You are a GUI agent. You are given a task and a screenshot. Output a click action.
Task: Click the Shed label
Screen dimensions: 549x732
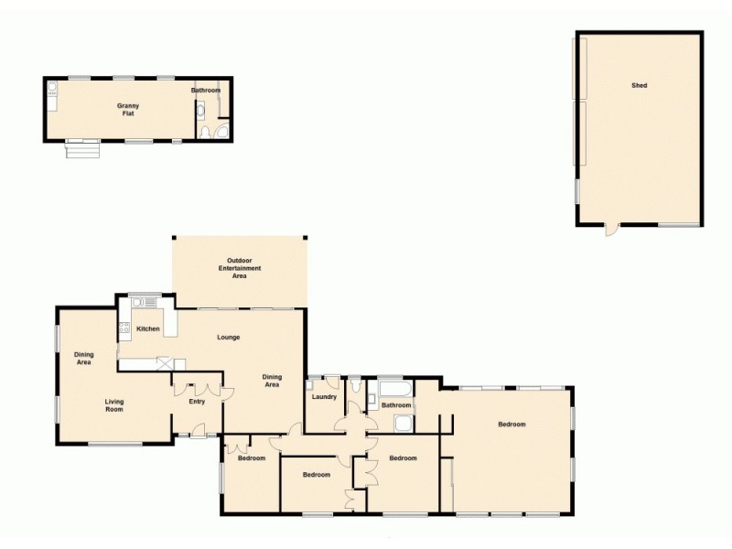click(x=639, y=85)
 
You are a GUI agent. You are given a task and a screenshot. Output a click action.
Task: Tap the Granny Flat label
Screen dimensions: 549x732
click(x=127, y=110)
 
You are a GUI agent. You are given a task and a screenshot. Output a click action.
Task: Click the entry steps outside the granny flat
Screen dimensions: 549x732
click(x=80, y=148)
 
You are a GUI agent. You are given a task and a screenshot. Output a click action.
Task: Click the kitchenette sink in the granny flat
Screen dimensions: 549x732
click(x=52, y=90)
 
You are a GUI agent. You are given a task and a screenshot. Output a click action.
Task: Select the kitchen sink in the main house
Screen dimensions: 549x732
click(x=144, y=301)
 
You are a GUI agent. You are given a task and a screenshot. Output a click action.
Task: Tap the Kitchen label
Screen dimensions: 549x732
click(x=148, y=328)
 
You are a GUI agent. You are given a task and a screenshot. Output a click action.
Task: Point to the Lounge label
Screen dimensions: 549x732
click(x=228, y=337)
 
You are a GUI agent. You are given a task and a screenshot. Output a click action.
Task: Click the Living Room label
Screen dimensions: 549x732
click(x=114, y=405)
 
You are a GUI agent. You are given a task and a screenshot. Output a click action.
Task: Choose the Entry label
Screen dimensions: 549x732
click(x=197, y=402)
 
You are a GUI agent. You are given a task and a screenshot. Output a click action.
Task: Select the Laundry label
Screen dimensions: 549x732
click(x=325, y=397)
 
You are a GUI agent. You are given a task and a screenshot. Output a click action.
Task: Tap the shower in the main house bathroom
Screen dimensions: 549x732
click(x=403, y=422)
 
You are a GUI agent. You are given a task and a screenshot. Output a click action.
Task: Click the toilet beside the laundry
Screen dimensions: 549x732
click(x=353, y=383)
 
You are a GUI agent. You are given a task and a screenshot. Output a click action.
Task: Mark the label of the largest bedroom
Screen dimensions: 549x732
click(x=511, y=425)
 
